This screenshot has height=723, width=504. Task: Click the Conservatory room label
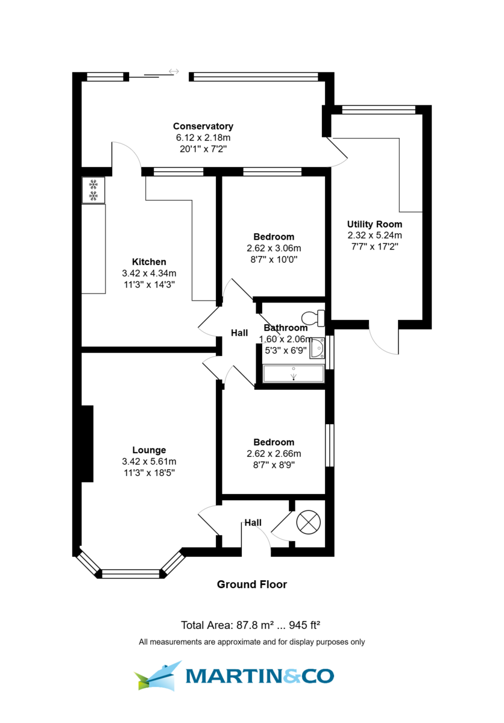pyautogui.click(x=203, y=127)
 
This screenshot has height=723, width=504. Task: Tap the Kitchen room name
pyautogui.click(x=149, y=262)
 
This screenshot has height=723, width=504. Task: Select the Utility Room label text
pyautogui.click(x=374, y=224)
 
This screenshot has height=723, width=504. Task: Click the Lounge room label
pyautogui.click(x=149, y=450)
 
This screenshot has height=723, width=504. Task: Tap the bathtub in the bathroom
pyautogui.click(x=294, y=374)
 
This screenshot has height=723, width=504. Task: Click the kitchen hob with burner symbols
pyautogui.click(x=93, y=190)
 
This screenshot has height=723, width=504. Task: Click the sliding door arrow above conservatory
pyautogui.click(x=174, y=72)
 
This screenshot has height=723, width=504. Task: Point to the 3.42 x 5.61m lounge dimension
pyautogui.click(x=149, y=462)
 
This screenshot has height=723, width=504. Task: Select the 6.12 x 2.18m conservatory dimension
pyautogui.click(x=203, y=138)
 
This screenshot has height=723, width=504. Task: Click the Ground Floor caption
pyautogui.click(x=252, y=584)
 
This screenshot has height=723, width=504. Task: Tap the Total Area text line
pyautogui.click(x=252, y=625)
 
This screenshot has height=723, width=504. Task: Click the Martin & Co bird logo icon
pyautogui.click(x=159, y=675)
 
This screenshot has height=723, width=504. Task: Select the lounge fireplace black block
pyautogui.click(x=87, y=444)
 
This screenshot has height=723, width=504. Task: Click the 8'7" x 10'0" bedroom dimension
pyautogui.click(x=274, y=260)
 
